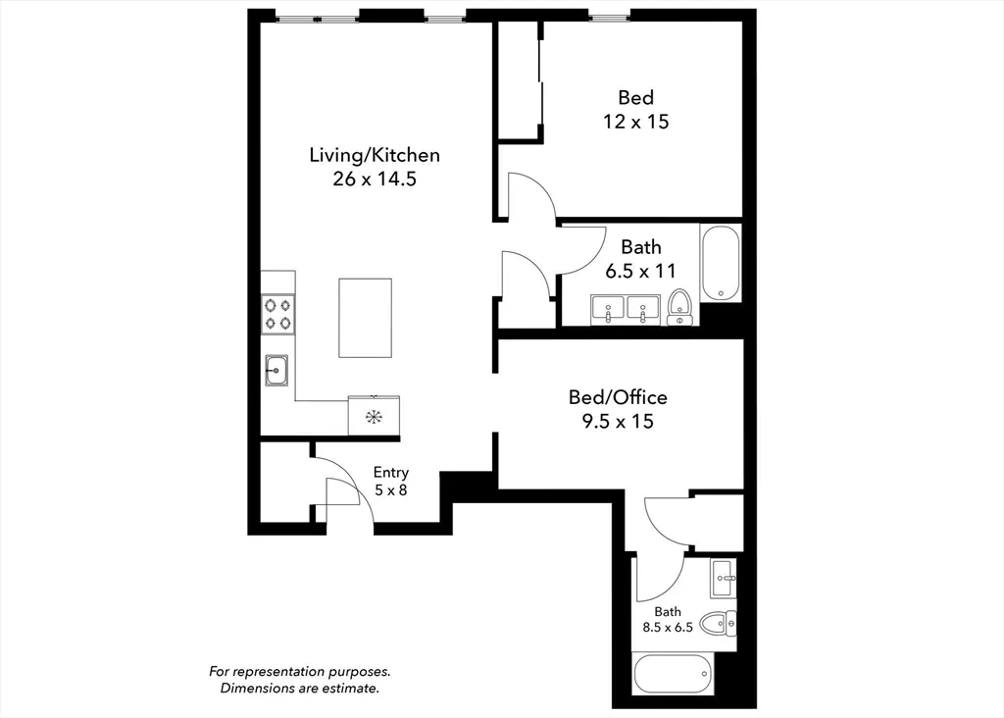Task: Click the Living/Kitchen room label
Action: (x=375, y=155)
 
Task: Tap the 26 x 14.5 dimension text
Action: (x=375, y=179)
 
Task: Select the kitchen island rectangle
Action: (x=365, y=318)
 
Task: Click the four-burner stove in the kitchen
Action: (x=277, y=314)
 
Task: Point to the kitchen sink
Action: (x=276, y=370)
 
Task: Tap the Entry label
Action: (x=390, y=473)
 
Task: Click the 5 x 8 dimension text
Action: (x=390, y=490)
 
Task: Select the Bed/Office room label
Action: (x=618, y=397)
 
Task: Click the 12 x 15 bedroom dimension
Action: (x=635, y=122)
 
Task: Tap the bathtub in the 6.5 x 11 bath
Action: (x=721, y=263)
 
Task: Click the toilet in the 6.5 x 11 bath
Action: (x=679, y=307)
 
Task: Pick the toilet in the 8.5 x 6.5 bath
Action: (x=718, y=623)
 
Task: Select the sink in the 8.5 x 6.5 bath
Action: (x=723, y=579)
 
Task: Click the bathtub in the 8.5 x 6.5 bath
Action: (x=673, y=674)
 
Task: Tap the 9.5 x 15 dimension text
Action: (x=618, y=422)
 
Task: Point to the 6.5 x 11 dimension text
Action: (x=641, y=271)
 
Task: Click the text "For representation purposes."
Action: (x=300, y=672)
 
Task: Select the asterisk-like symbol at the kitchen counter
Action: (x=374, y=417)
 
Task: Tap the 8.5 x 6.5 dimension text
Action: (x=668, y=627)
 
